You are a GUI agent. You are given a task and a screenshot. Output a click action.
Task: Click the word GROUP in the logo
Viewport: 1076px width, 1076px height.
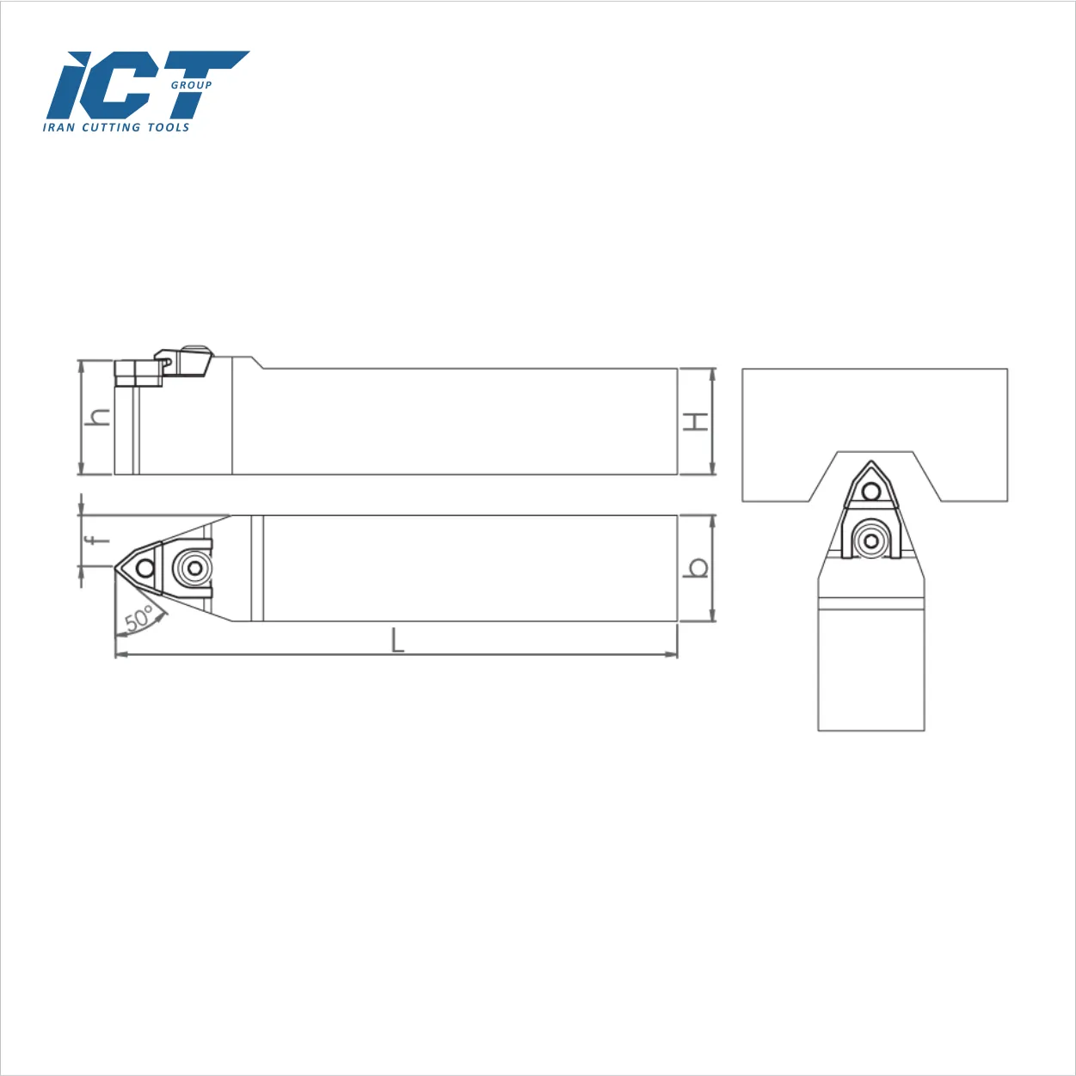pyautogui.click(x=191, y=85)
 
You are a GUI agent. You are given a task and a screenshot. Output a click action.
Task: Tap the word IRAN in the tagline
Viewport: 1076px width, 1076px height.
pyautogui.click(x=58, y=127)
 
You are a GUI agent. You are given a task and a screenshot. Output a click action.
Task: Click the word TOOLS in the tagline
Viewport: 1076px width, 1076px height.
pyautogui.click(x=169, y=127)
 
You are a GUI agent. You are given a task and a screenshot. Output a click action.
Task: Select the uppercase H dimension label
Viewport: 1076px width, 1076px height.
pyautogui.click(x=696, y=422)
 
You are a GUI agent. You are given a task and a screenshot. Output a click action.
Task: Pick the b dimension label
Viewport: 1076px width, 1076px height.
pyautogui.click(x=697, y=568)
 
